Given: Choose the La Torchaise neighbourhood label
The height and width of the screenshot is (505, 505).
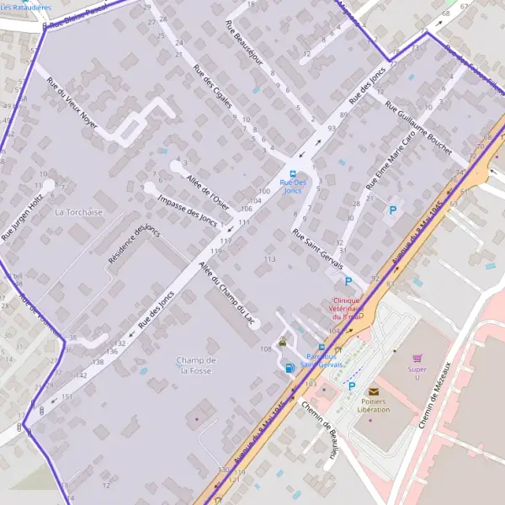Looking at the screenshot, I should [x=78, y=212].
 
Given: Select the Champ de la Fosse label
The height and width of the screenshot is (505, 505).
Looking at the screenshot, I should [x=197, y=365].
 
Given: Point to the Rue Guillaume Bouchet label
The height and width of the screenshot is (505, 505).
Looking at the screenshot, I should [x=417, y=134].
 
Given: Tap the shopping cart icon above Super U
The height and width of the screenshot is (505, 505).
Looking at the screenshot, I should [x=417, y=358].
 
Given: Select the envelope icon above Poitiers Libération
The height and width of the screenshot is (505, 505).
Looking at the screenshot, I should [x=374, y=391].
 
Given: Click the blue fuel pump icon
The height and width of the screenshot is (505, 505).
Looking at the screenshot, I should [x=290, y=367].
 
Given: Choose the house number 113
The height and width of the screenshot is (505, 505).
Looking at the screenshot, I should [x=269, y=259].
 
